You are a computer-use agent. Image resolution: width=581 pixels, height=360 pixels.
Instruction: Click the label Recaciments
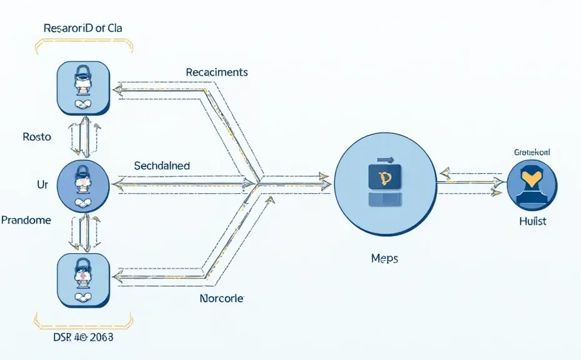tap(217, 72)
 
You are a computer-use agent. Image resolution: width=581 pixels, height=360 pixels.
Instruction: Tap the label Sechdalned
tap(162, 166)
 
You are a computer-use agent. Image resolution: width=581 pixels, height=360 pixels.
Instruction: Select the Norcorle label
tap(221, 299)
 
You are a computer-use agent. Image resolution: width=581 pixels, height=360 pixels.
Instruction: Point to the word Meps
tap(384, 258)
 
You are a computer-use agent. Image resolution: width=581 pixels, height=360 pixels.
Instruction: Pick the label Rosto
tap(36, 137)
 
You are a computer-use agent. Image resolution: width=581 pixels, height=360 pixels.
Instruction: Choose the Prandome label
tap(26, 221)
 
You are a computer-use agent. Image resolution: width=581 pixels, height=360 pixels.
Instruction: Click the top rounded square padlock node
tap(84, 87)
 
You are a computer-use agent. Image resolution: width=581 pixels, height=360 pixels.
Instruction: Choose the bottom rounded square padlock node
tap(84, 278)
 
